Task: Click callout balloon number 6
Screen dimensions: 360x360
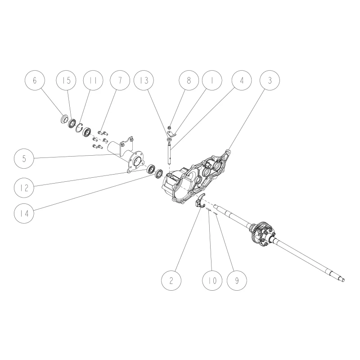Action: point(35,81)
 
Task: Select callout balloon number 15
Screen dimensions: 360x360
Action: point(66,81)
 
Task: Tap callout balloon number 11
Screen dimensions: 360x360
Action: point(93,81)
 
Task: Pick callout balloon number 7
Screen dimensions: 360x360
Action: point(120,81)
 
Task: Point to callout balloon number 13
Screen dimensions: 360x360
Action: point(144,81)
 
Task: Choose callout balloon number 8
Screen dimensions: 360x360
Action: point(189,81)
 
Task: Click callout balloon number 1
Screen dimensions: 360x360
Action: point(212,81)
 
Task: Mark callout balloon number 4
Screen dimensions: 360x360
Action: point(242,81)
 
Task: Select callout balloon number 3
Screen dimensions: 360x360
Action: point(270,81)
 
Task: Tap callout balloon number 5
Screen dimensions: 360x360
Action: point(24,159)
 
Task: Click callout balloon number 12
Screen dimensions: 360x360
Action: point(24,188)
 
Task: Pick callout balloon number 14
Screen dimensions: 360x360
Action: point(24,213)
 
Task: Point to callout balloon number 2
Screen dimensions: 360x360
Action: point(171,280)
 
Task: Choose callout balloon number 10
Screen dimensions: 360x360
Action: point(212,280)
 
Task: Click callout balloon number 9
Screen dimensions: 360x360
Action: point(237,280)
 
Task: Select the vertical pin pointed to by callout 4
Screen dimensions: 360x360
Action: point(170,153)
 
